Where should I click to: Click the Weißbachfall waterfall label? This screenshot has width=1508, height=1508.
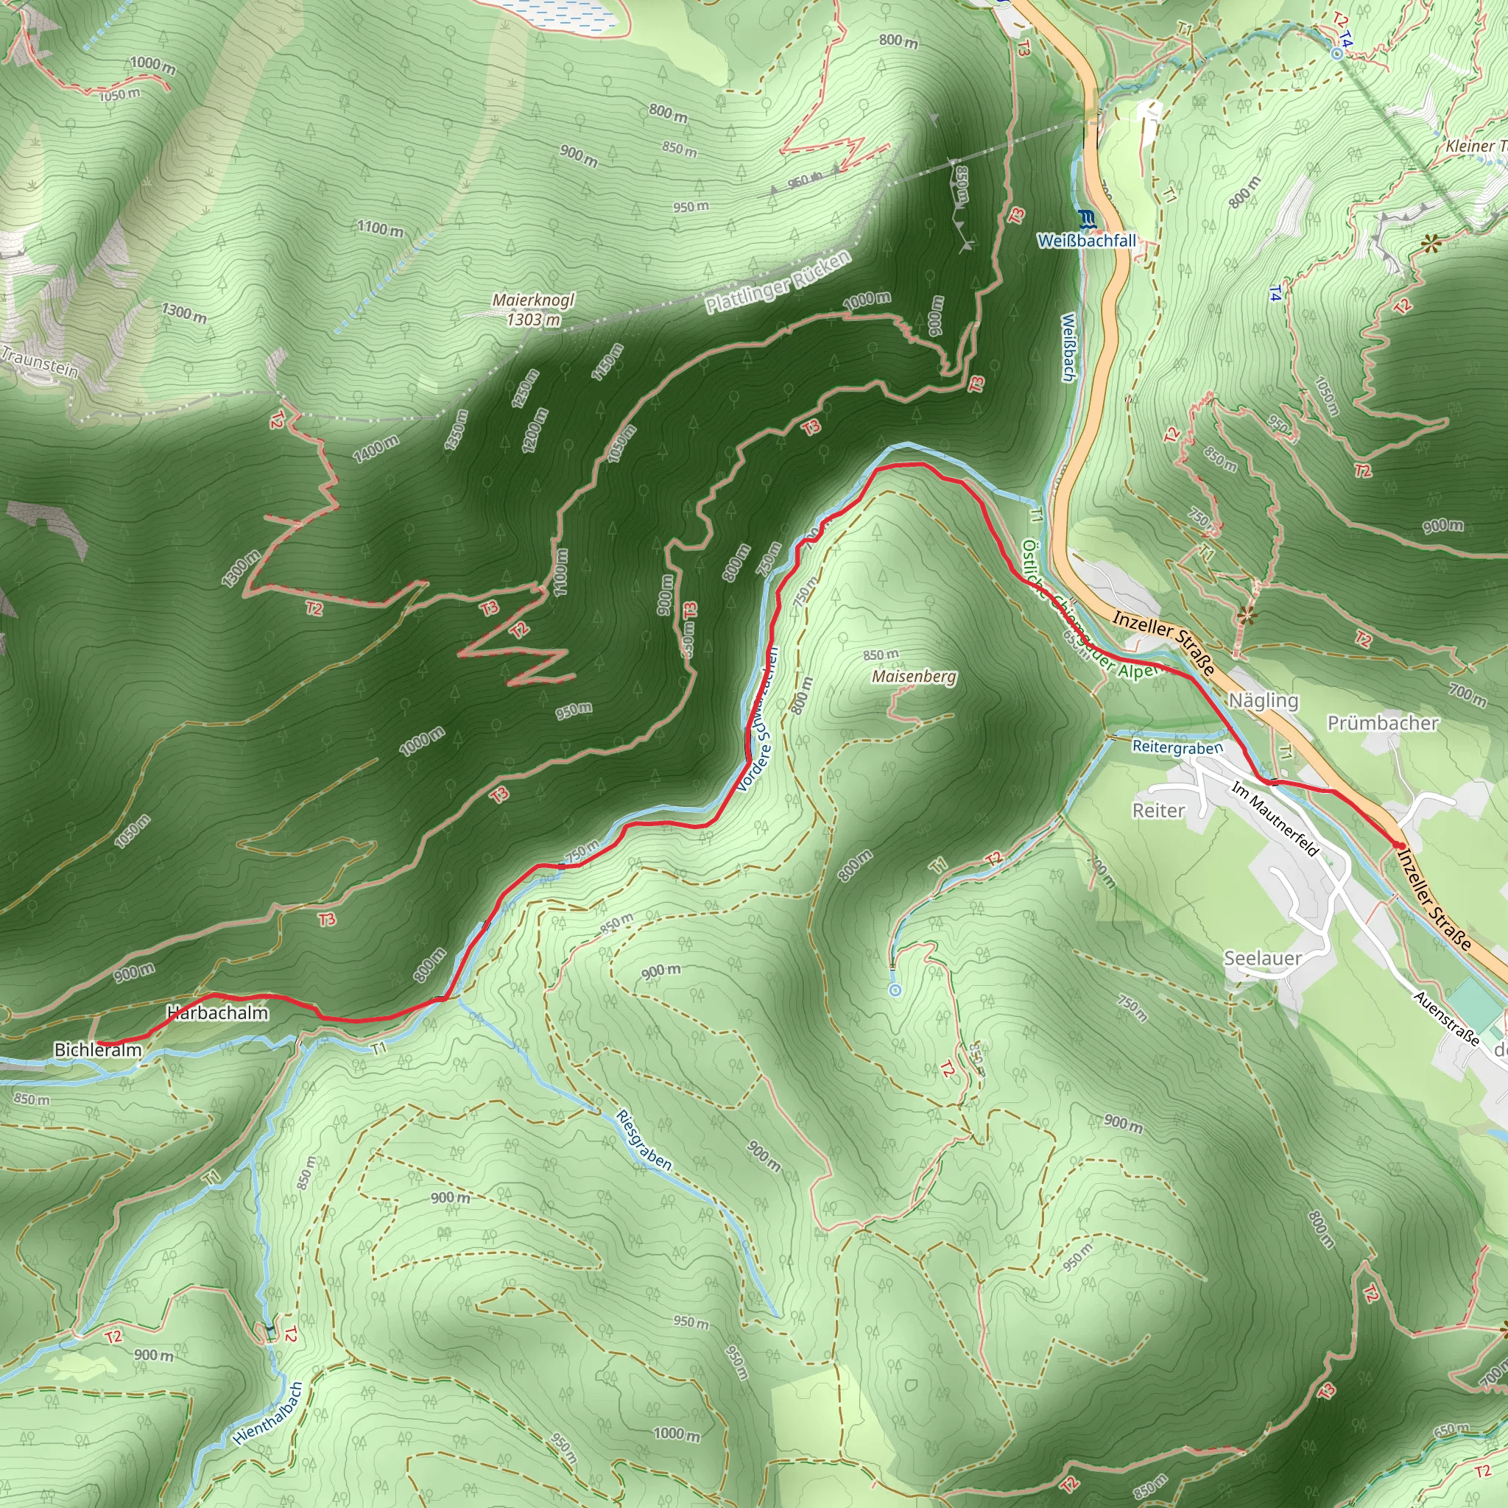1087,240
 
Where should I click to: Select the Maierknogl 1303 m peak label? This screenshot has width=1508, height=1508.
533,310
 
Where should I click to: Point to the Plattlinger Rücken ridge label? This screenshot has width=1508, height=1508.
778,283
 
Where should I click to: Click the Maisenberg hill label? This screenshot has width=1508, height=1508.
914,676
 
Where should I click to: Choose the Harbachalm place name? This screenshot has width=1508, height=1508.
218,1012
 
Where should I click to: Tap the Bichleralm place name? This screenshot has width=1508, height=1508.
98,1050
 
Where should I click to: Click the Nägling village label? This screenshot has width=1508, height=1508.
1263,700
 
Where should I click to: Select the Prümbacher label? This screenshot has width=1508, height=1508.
1383,723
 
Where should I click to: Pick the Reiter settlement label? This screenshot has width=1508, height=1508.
1158,810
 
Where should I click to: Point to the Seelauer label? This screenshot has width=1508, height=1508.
1262,958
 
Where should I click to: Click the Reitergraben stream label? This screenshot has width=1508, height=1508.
1177,747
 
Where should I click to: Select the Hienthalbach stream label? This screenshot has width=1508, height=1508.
268,1413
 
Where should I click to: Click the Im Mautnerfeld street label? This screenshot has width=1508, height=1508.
1275,819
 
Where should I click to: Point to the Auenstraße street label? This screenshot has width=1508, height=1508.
1446,1018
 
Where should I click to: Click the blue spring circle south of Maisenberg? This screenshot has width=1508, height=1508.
895,990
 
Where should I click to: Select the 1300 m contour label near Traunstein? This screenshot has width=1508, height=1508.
184,312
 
